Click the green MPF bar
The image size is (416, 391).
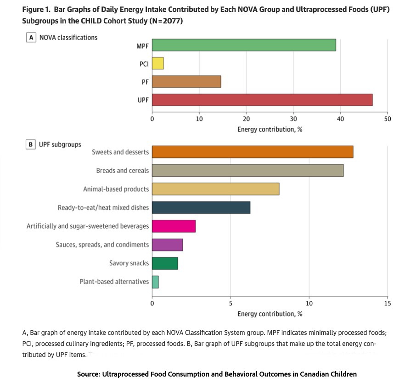[244, 45]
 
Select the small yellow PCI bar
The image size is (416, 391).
[158, 63]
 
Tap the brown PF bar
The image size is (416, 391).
[186, 81]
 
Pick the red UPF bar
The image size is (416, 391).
[262, 100]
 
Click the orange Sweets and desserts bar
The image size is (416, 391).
[253, 152]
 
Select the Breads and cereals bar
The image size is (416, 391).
[247, 171]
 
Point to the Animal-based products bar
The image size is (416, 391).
[215, 189]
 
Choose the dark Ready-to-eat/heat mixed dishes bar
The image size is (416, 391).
[201, 207]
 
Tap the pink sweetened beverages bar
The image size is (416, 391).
[174, 226]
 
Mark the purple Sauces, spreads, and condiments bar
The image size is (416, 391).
[167, 245]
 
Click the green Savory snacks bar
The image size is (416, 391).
[165, 263]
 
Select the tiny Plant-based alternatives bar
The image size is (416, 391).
[155, 282]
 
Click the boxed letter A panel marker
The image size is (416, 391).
[31, 38]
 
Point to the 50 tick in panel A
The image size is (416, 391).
[387, 119]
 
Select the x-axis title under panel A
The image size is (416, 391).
[270, 129]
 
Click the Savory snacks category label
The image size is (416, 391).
[129, 263]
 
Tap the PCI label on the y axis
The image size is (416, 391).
[144, 64]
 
